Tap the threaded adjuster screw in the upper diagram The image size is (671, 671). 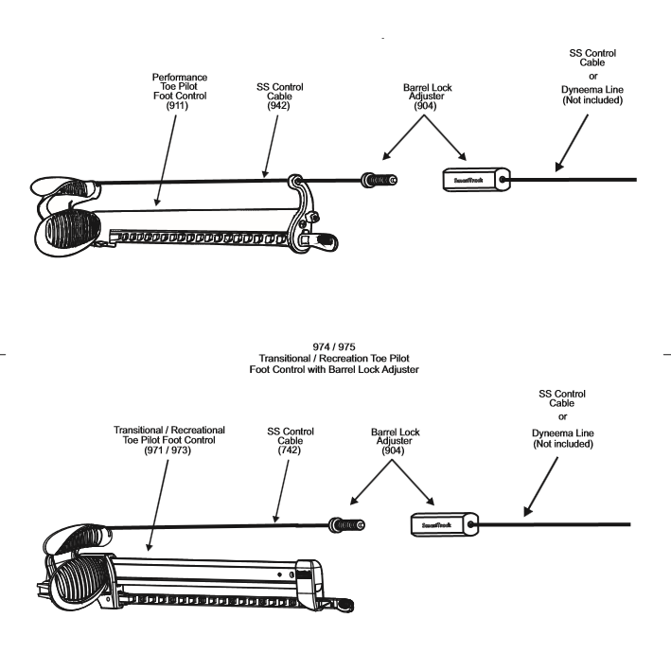pos(379,178)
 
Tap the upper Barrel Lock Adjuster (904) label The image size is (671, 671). pos(428,98)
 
